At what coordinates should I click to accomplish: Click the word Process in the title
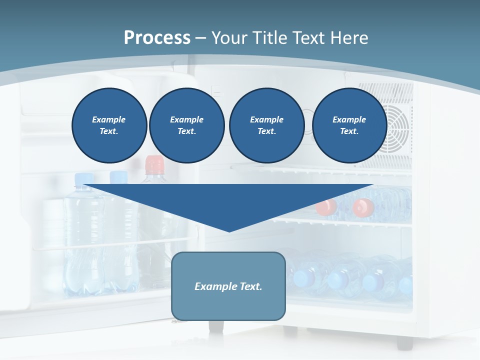tap(157, 38)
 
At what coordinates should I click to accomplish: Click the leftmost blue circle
tap(109, 125)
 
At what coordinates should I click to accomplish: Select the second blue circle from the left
tap(187, 125)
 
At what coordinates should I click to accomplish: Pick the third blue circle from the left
tap(266, 125)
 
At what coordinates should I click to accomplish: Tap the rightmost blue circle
tap(349, 125)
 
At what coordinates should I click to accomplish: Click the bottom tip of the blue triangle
tap(229, 230)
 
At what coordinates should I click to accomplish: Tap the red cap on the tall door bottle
tap(154, 163)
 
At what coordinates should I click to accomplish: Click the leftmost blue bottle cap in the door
tap(84, 178)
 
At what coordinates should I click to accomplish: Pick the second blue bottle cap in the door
tap(119, 176)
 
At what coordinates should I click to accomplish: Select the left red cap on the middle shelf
tap(326, 206)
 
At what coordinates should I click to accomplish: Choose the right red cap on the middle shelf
tap(363, 206)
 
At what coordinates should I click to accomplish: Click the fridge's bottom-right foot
tap(404, 342)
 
